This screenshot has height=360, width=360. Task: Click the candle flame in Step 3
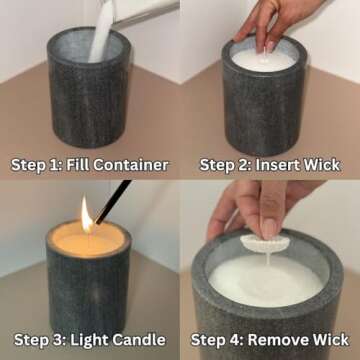pos(86,213)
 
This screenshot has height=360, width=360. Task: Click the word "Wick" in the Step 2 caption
pos(320,164)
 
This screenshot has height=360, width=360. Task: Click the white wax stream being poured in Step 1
pos(101,40)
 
